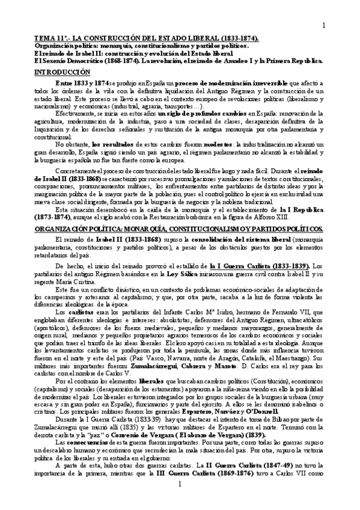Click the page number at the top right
[323, 25]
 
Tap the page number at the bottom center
[179, 499]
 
